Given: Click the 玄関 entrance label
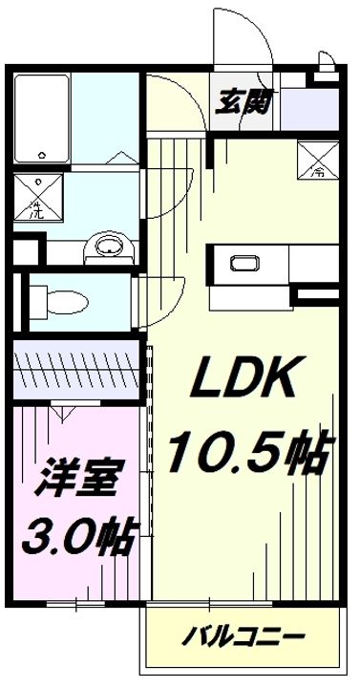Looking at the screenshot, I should pyautogui.click(x=242, y=98).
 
